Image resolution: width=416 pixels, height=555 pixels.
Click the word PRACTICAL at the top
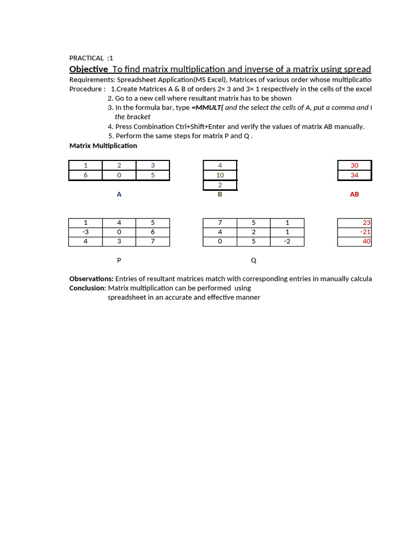[87, 58]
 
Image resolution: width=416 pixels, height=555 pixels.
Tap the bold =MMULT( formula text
[207, 107]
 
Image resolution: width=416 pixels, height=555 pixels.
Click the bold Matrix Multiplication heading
[103, 145]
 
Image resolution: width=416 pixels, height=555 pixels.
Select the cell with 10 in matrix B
[220, 175]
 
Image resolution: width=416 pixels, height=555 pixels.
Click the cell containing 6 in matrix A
[86, 175]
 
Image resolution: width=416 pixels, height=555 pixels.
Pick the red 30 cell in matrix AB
[354, 165]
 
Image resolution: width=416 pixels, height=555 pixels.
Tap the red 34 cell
[354, 175]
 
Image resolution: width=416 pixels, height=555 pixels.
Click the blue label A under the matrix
[119, 194]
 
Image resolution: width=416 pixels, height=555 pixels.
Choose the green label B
[220, 194]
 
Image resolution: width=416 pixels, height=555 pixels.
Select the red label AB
[354, 194]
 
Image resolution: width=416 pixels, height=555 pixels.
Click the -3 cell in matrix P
[86, 232]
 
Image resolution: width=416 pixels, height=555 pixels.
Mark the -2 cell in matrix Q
[287, 241]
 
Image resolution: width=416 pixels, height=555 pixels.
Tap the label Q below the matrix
[253, 260]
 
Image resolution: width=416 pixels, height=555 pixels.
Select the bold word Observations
[91, 279]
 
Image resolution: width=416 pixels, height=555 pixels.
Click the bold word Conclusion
[87, 288]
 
